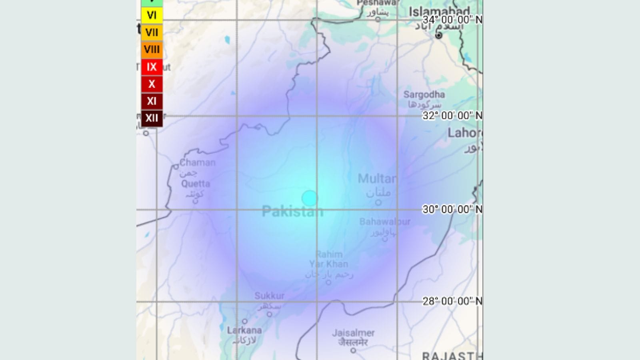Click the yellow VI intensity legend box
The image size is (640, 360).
tap(152, 15)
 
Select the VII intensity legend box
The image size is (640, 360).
tap(152, 32)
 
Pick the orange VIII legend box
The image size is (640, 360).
tap(152, 50)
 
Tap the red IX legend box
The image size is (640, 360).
tap(152, 67)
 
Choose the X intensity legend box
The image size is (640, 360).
tap(152, 84)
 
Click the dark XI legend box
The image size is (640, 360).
tap(152, 101)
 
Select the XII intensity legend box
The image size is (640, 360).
tap(152, 118)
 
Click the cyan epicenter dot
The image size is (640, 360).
tap(309, 198)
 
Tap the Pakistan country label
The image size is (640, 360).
tap(292, 211)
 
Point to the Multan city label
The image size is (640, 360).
tap(377, 178)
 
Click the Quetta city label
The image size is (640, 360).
tap(195, 184)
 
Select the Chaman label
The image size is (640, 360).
tap(197, 163)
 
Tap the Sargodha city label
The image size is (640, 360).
tap(424, 95)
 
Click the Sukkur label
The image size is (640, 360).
tap(269, 296)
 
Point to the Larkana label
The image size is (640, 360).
tap(244, 330)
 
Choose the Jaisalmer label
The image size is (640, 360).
tap(353, 333)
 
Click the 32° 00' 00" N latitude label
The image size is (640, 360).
tap(452, 116)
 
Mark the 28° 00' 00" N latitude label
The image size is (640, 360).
tap(452, 301)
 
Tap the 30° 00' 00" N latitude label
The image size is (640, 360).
tap(452, 209)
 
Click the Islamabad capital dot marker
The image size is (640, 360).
tap(439, 35)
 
